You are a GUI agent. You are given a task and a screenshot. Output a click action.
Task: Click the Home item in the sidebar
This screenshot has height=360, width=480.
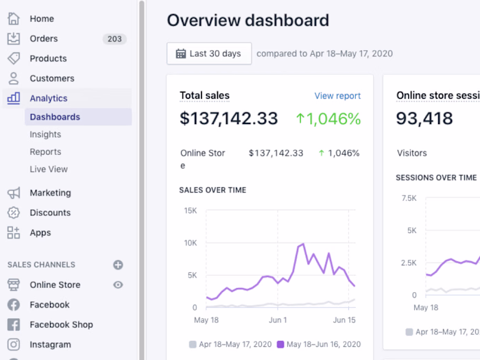(41, 19)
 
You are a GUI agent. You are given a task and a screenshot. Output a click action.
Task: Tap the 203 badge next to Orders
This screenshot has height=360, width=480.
(115, 39)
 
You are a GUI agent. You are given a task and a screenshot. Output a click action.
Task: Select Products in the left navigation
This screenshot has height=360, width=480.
(48, 59)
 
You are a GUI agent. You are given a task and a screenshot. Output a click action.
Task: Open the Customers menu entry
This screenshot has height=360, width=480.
(51, 79)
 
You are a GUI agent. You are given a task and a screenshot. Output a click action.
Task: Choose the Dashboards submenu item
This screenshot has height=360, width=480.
(55, 117)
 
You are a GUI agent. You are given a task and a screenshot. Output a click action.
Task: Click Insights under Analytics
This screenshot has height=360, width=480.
(45, 135)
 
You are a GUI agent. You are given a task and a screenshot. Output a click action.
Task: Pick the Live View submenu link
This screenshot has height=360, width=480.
(49, 169)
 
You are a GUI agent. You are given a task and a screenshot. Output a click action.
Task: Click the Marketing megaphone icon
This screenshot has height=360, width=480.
(14, 193)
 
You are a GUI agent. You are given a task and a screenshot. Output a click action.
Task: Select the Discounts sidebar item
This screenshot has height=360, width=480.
(50, 213)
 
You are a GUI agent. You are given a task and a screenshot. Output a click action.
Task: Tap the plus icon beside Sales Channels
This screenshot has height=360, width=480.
(118, 265)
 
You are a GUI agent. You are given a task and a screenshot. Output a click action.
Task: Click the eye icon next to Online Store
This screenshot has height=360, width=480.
(118, 285)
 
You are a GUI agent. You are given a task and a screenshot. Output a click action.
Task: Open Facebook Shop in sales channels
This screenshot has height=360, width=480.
(61, 325)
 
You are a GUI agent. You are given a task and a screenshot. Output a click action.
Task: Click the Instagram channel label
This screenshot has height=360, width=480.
(50, 345)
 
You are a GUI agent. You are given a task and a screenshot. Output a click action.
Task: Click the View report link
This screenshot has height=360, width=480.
(337, 96)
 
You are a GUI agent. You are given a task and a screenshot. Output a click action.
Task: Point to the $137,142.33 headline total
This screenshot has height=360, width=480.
(229, 119)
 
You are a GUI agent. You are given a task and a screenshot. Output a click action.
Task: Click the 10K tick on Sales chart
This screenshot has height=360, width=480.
(190, 243)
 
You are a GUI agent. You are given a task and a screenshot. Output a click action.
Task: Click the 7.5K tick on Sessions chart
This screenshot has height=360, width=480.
(409, 198)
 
